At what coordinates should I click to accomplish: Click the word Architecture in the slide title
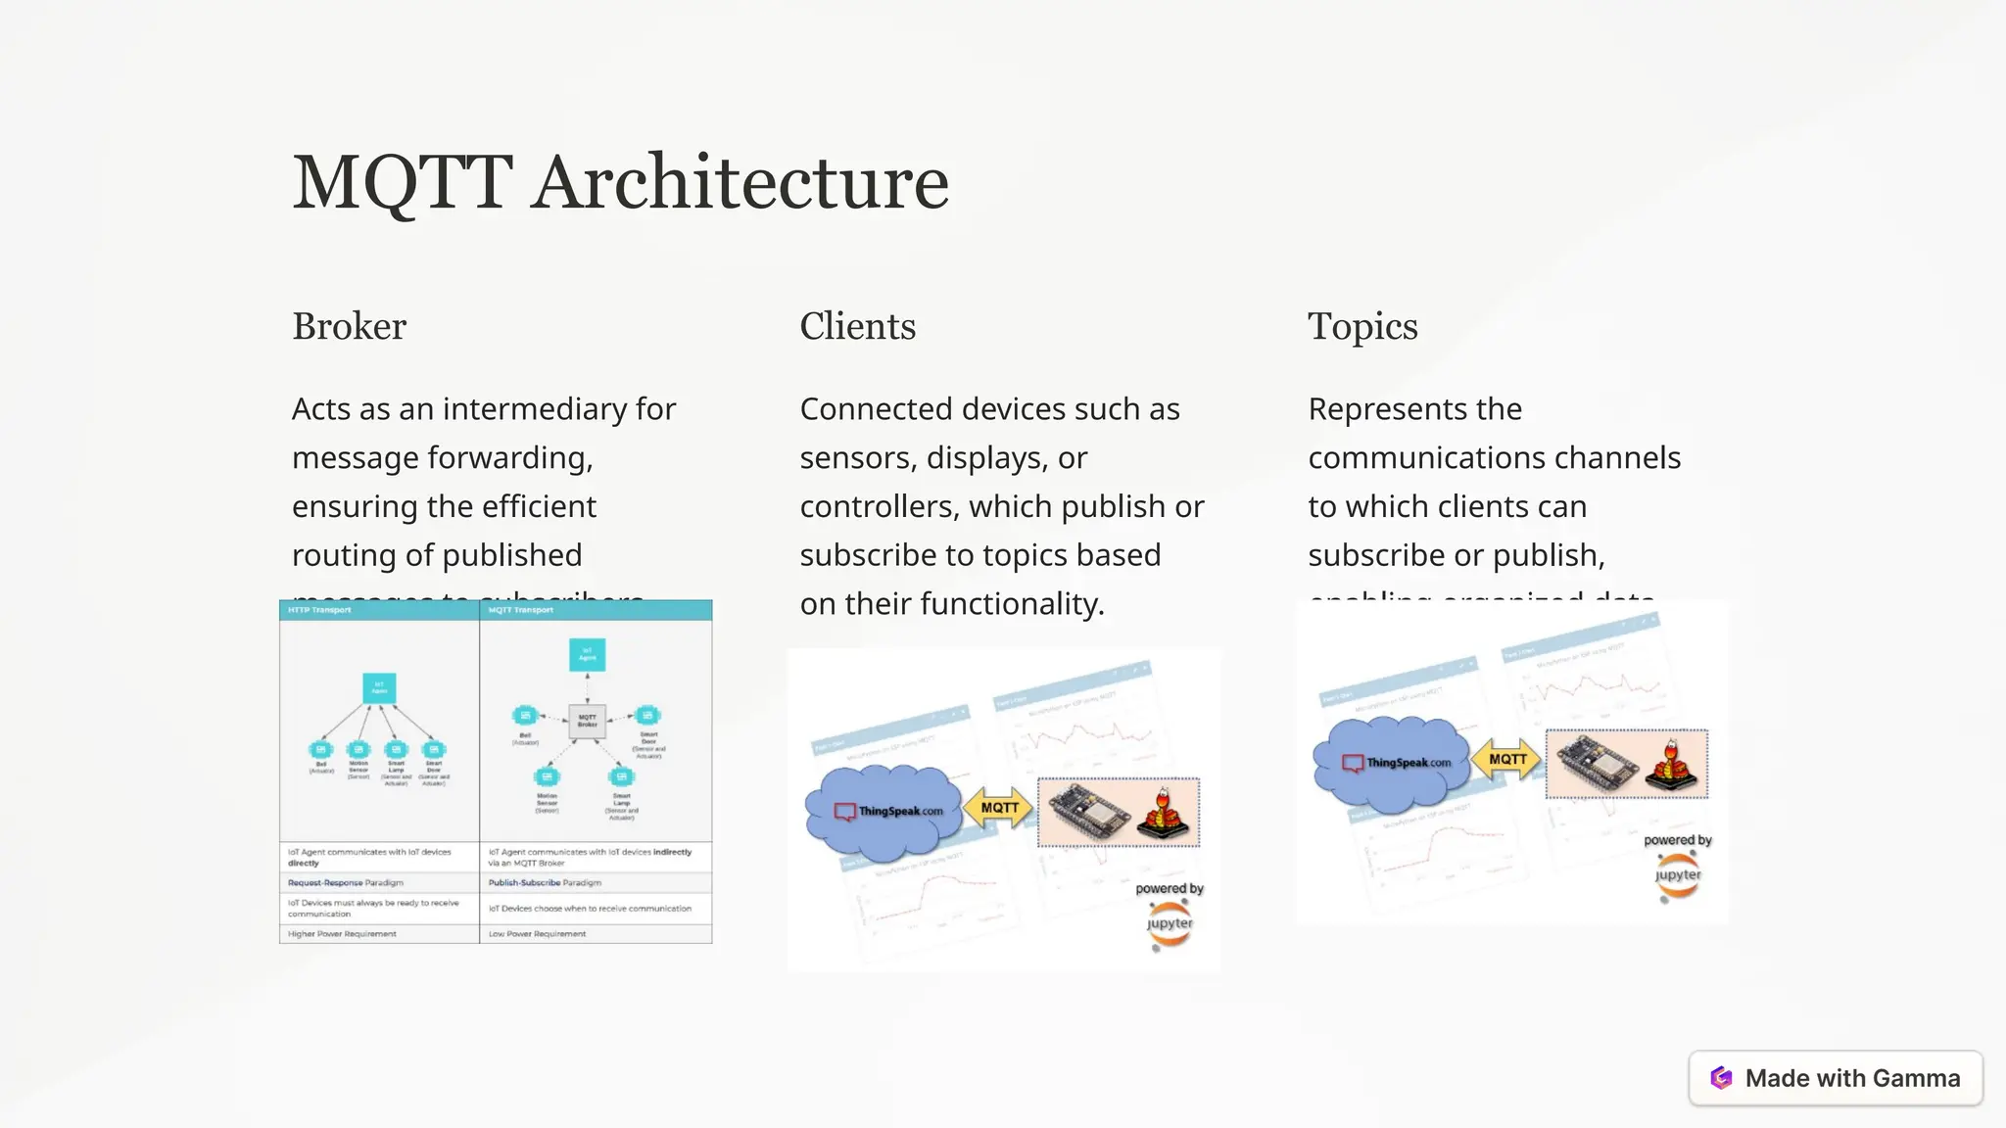[x=740, y=183]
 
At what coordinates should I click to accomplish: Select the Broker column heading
[x=349, y=327]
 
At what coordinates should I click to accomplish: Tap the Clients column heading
[x=857, y=327]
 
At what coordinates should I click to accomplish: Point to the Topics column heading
[x=1362, y=327]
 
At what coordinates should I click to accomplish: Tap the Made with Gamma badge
[x=1836, y=1078]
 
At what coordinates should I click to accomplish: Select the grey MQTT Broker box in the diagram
[x=588, y=722]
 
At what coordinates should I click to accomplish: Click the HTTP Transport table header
[x=319, y=610]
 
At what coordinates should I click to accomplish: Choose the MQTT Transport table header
[x=521, y=610]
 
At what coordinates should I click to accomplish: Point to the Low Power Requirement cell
[x=537, y=934]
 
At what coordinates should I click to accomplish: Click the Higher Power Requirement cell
[x=342, y=934]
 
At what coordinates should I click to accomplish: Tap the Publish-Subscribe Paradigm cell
[x=545, y=882]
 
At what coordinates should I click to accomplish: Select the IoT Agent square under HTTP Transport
[x=379, y=688]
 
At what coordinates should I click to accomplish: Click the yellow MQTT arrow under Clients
[x=998, y=808]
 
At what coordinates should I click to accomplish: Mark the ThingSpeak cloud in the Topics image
[x=1393, y=763]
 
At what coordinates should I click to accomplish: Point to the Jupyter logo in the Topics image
[x=1678, y=875]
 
